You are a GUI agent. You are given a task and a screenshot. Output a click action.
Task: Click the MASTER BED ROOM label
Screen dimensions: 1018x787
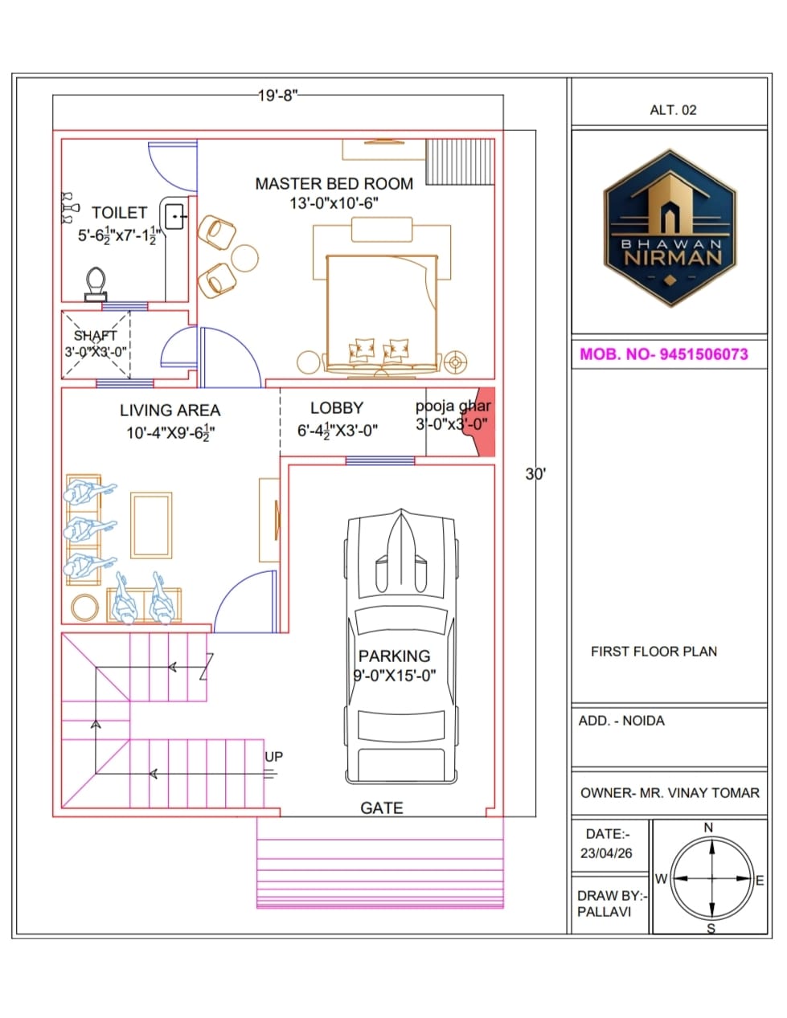(334, 184)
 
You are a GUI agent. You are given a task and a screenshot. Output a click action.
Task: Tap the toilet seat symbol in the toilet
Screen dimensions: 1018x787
(96, 284)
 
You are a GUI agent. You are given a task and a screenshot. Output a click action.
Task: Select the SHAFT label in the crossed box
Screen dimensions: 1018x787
(95, 335)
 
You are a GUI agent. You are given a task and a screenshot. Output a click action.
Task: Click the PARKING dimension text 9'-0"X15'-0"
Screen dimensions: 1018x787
(394, 676)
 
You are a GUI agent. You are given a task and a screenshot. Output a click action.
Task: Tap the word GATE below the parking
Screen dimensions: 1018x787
(381, 807)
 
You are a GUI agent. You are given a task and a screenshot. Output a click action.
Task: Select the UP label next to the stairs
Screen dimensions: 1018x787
(273, 757)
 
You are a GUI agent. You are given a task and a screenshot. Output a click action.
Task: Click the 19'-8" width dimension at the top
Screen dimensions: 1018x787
(277, 95)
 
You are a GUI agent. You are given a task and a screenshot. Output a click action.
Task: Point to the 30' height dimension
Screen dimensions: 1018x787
(535, 474)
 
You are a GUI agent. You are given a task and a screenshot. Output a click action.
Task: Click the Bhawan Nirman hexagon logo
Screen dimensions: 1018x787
(670, 228)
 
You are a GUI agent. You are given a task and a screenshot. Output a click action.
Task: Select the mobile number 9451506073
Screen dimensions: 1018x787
(703, 354)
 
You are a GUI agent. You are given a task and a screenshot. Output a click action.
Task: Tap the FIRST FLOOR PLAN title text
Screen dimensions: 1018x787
(654, 652)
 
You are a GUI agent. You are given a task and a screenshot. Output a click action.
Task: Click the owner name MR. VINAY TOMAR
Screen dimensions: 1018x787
(699, 793)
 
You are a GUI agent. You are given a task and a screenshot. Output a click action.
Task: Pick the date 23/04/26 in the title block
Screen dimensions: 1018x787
(606, 853)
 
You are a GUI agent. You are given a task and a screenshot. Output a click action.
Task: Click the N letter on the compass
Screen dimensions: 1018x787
(708, 828)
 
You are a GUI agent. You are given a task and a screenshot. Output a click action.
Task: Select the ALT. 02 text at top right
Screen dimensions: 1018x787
(673, 110)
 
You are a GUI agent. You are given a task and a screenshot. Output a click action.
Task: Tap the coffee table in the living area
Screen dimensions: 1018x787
(151, 525)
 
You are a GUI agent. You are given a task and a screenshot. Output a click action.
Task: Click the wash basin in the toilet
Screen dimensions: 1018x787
(175, 216)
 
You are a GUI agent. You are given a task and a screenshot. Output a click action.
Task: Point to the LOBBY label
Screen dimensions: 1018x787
(337, 408)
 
